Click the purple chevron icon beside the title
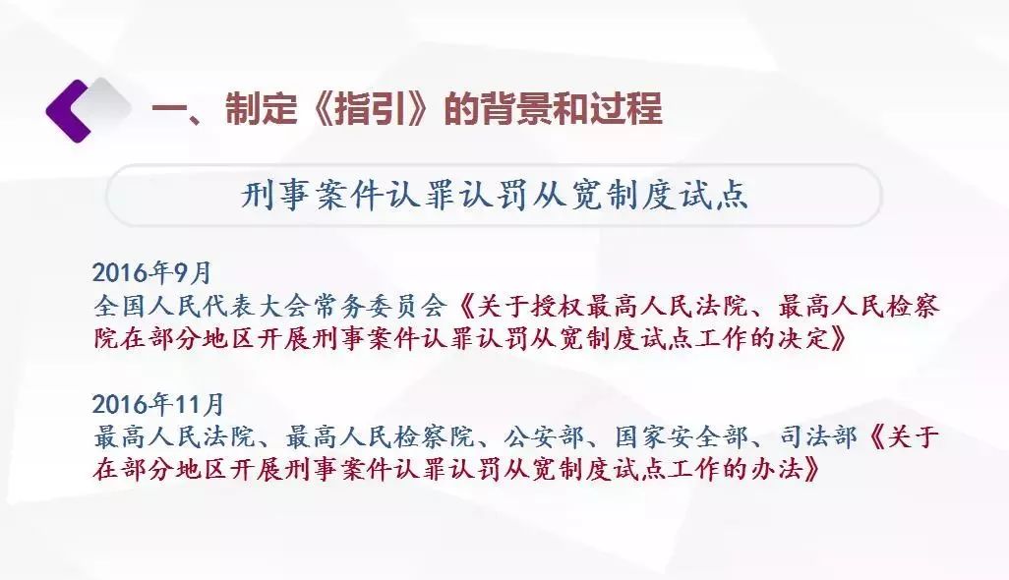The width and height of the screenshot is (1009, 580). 68,111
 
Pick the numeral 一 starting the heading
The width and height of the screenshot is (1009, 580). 168,109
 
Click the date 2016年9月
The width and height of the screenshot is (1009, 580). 151,272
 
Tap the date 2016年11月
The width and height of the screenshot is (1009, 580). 157,404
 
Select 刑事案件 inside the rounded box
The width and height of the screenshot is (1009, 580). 312,194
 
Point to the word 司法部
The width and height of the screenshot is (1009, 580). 818,437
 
